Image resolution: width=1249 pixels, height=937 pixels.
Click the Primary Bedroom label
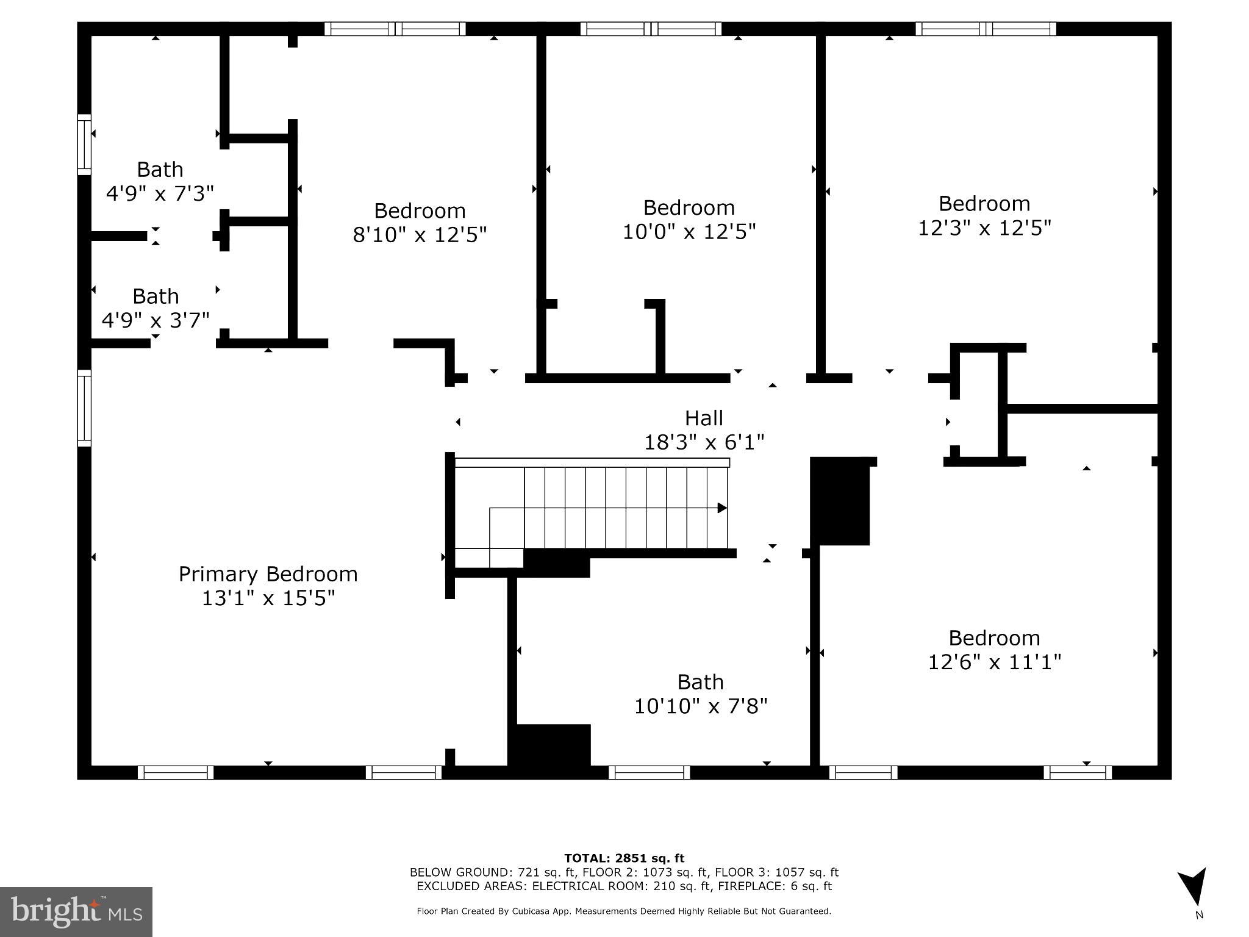tap(268, 574)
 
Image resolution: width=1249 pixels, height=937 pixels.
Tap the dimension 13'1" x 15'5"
tap(268, 598)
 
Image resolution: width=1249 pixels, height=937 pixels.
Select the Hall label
tap(704, 418)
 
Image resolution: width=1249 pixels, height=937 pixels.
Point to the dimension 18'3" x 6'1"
tap(704, 442)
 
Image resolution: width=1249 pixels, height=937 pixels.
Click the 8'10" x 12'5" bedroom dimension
tap(420, 234)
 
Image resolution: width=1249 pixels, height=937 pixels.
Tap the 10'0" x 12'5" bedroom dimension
tap(689, 232)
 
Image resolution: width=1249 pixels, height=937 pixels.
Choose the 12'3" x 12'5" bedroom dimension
tap(984, 228)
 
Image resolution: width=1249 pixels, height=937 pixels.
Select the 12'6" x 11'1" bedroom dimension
tap(994, 662)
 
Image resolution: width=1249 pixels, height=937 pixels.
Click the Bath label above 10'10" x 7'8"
tap(700, 681)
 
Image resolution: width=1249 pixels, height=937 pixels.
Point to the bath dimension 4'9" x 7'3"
tap(160, 193)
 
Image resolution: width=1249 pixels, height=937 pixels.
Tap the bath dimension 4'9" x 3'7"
tap(156, 320)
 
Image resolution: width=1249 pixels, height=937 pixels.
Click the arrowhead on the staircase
tap(722, 508)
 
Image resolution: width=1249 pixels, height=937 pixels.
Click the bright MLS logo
tap(76, 911)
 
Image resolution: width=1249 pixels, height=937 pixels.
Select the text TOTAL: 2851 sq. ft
tap(624, 858)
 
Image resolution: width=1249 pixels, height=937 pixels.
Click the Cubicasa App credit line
tap(623, 911)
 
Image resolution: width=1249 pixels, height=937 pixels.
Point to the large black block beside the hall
tap(840, 501)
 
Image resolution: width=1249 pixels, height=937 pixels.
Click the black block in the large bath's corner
tap(551, 745)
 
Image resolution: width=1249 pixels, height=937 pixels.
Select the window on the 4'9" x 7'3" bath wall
tap(84, 145)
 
